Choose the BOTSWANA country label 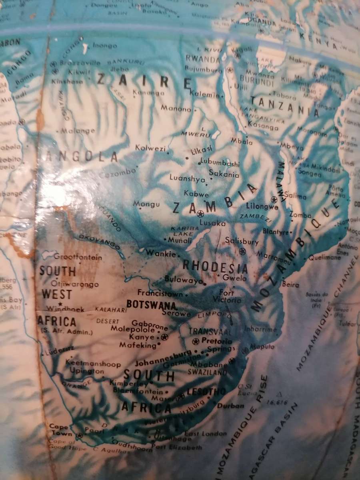pos(152,305)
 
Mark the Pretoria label pos(217,341)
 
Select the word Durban pos(230,406)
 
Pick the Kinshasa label pos(67,81)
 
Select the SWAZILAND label pos(207,372)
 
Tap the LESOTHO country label pos(206,392)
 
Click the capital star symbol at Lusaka pos(200,214)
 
